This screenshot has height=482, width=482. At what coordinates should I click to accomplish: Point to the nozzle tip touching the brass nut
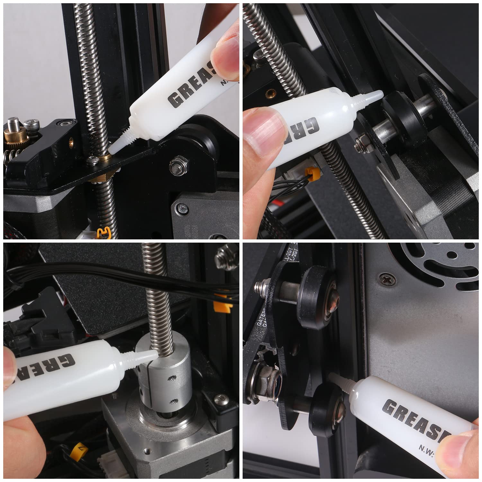(x=111, y=149)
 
